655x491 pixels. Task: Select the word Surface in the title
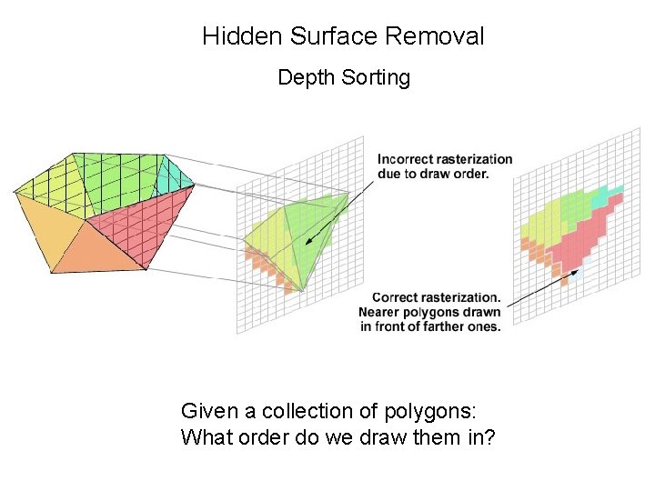(333, 36)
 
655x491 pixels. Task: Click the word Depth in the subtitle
(307, 78)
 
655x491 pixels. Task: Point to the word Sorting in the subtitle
(376, 78)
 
